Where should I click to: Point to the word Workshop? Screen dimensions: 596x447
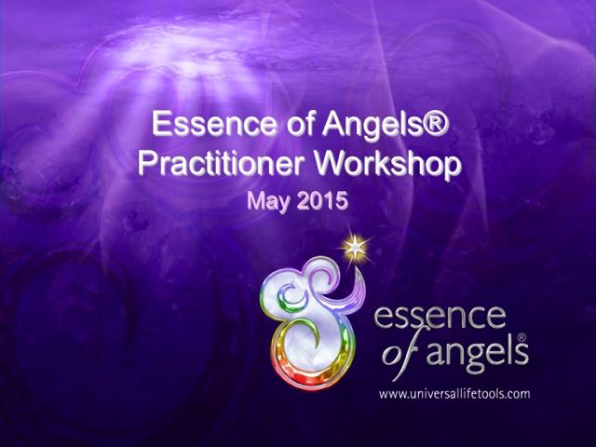[x=388, y=164]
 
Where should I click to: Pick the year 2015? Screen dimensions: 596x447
[x=323, y=200]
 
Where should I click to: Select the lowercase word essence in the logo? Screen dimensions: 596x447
[x=440, y=317]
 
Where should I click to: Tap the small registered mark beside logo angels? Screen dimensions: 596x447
[x=521, y=337]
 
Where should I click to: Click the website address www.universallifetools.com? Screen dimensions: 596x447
[x=454, y=393]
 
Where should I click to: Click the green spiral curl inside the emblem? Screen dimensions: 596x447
[x=291, y=297]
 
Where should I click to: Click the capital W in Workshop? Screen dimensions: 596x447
[x=333, y=164]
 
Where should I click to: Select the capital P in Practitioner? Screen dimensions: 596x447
[x=147, y=164]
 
